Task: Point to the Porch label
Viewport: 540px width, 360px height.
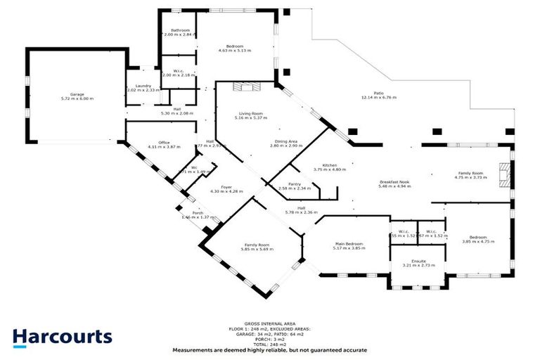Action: [188, 212]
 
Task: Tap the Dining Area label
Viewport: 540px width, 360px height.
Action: [285, 141]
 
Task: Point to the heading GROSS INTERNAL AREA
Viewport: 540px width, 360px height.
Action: [269, 324]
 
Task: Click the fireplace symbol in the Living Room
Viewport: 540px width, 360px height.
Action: [247, 86]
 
